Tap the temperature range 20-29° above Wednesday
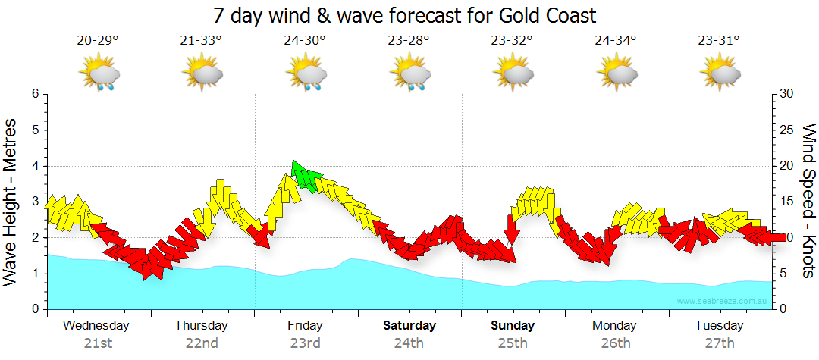click(x=97, y=41)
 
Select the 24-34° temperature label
click(x=615, y=41)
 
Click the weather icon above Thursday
click(x=202, y=74)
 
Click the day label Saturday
click(x=409, y=326)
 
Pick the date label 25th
click(x=513, y=343)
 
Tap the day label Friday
click(x=305, y=326)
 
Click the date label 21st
click(x=97, y=343)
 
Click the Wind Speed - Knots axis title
click(x=808, y=201)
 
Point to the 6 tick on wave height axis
click(x=35, y=94)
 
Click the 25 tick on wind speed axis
click(x=788, y=130)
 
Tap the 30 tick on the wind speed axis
click(x=788, y=94)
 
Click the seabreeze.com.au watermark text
click(x=723, y=302)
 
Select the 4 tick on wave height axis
click(x=35, y=166)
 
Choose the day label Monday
click(x=616, y=326)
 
